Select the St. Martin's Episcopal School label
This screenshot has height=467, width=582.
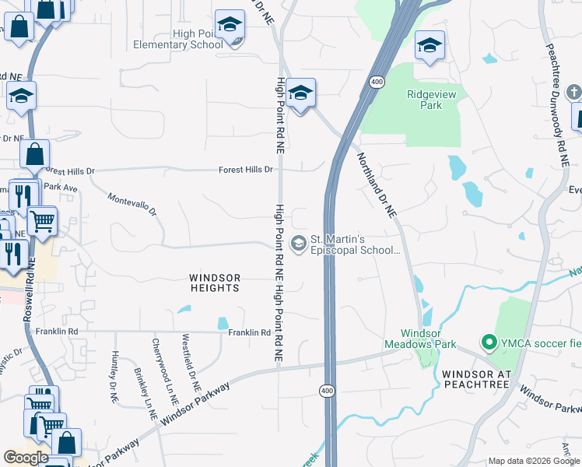coord(355,244)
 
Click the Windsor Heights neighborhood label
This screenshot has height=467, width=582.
coord(215,283)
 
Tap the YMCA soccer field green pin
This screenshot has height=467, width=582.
coord(489,342)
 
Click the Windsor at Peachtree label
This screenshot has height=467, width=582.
coord(475,379)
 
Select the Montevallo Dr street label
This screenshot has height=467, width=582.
coord(132,205)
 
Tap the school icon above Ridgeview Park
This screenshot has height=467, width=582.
coord(429,45)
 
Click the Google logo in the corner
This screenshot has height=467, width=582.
coord(26,457)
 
